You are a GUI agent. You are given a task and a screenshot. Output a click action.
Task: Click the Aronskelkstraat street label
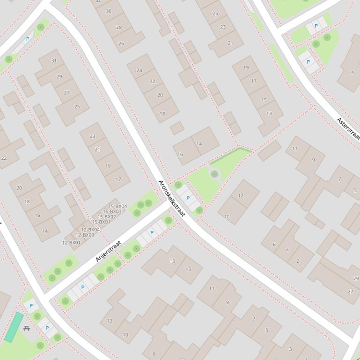172,199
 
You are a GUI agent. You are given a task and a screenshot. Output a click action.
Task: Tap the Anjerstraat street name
108,251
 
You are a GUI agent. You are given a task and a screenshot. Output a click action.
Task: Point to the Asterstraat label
348,129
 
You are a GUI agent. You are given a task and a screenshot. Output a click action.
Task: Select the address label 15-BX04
118,206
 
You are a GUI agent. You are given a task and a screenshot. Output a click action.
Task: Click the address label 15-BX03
112,211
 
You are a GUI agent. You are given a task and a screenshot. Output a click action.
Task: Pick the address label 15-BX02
106,216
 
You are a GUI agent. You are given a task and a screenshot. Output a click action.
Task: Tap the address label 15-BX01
101,222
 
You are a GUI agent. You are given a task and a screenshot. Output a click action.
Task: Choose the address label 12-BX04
90,230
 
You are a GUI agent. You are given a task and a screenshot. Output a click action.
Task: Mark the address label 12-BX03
85,235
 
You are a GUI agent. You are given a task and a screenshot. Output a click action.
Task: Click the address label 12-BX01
71,243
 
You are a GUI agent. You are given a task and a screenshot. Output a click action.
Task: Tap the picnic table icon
27,328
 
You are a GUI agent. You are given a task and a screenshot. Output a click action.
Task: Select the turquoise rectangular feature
15,327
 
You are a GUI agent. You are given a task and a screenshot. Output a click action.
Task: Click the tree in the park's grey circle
214,174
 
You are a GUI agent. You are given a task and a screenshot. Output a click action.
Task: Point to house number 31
54,61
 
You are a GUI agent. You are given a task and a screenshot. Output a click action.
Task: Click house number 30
109,11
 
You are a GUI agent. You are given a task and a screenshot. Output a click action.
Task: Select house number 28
118,27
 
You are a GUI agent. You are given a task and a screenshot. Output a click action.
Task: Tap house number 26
121,43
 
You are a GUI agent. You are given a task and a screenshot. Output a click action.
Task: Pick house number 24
139,71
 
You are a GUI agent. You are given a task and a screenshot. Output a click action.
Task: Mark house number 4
287,250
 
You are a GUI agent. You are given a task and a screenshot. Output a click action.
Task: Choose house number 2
297,261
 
